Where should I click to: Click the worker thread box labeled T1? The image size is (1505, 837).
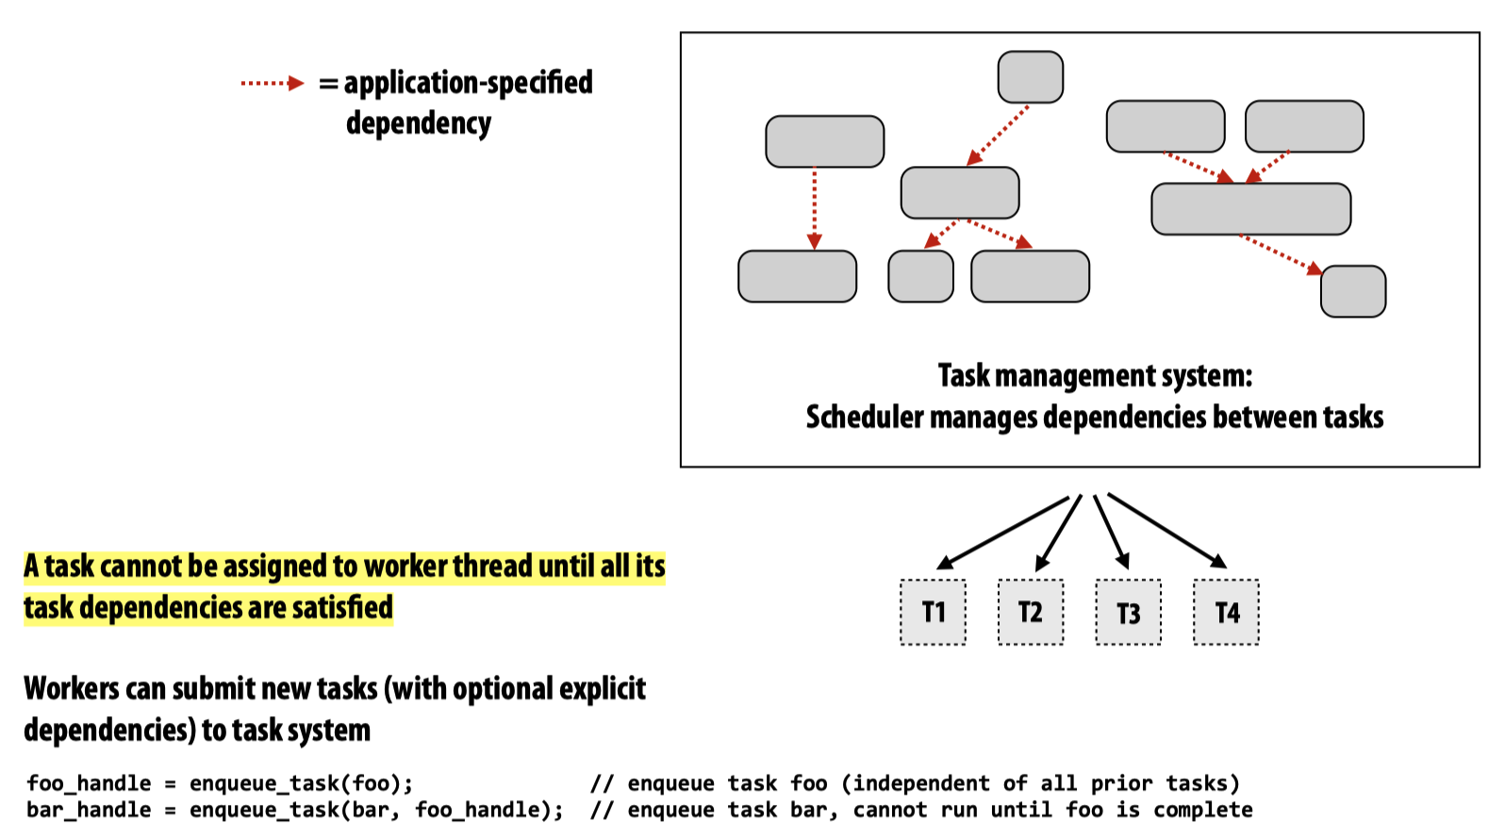933,613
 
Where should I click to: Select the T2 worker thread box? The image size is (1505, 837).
1031,613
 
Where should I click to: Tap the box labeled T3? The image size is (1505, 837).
1128,613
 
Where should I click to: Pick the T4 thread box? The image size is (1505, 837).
1226,613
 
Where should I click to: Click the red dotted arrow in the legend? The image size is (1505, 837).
272,83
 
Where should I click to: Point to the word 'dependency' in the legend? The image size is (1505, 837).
418,123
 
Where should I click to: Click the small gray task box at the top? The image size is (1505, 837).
1030,77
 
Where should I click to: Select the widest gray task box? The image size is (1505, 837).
1250,209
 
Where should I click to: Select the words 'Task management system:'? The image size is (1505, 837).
1095,376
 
